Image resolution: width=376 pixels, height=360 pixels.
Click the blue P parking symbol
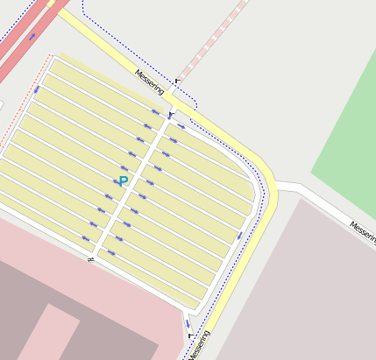click(123, 181)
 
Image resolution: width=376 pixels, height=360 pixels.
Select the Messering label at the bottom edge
click(200, 345)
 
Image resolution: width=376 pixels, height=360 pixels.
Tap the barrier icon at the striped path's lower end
click(178, 81)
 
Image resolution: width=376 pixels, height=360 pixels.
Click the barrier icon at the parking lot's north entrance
click(171, 114)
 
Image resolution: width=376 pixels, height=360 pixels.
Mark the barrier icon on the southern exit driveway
click(189, 335)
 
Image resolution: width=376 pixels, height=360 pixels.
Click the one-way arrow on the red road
click(33, 37)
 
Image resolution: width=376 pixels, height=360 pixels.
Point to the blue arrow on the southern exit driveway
click(187, 323)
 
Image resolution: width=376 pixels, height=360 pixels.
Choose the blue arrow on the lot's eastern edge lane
click(239, 234)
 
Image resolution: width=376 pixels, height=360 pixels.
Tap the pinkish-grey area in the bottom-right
click(307, 289)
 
